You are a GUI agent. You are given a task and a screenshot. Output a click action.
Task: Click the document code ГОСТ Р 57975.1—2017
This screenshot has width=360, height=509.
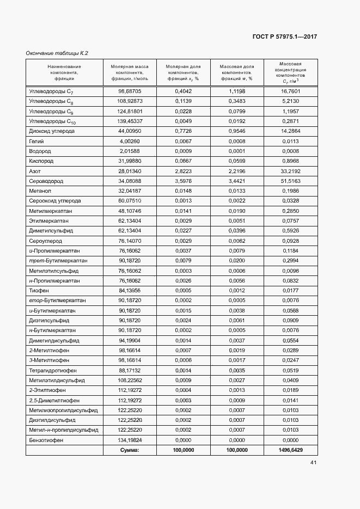(x=285, y=36)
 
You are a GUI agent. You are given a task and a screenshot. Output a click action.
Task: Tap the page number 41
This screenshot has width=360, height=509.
(x=314, y=463)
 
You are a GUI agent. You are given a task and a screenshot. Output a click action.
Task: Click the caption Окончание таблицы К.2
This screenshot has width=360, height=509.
(x=57, y=53)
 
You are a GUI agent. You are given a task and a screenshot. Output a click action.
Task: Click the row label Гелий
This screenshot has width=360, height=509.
(x=36, y=141)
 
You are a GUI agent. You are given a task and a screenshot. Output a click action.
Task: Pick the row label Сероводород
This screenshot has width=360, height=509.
(x=45, y=181)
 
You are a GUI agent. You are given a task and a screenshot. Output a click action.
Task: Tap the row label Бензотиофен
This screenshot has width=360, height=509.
(x=46, y=440)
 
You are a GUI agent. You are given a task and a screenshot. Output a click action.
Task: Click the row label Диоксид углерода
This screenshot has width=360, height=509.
(x=52, y=131)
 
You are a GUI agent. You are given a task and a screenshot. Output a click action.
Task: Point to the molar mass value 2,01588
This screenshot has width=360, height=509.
(x=130, y=151)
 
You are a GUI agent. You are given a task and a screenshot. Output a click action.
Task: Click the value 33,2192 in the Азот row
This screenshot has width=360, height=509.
(x=291, y=171)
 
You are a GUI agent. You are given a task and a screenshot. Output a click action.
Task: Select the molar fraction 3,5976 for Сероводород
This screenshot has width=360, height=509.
(x=184, y=181)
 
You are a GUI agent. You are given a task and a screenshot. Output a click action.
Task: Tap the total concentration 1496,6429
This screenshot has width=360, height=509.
(x=291, y=450)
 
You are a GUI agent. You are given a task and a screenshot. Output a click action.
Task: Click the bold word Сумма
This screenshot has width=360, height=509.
(x=130, y=450)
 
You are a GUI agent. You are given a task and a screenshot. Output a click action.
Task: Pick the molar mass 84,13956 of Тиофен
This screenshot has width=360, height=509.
(x=130, y=291)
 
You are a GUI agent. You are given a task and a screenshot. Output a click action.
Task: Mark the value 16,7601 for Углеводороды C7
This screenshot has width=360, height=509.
(x=291, y=91)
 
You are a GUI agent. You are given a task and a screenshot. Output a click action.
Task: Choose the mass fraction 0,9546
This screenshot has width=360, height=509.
(x=237, y=131)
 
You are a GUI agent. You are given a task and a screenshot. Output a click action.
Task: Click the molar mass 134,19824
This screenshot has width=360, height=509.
(x=130, y=440)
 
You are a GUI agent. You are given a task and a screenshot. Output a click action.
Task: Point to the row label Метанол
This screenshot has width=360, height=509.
(x=40, y=191)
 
